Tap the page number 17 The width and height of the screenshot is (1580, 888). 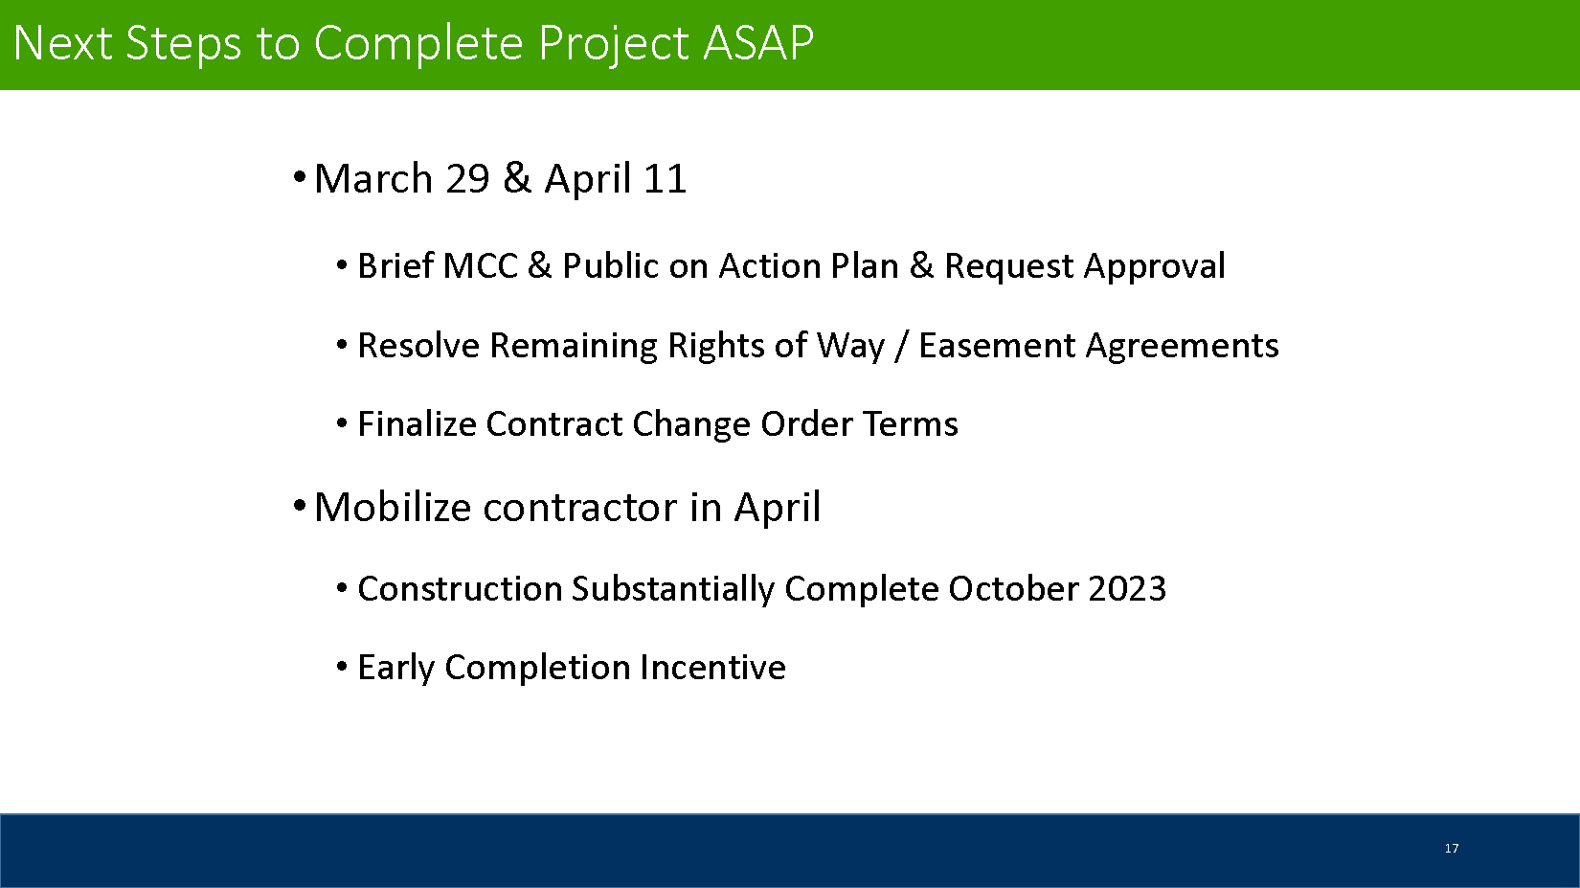click(x=1451, y=848)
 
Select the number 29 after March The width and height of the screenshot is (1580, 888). click(x=467, y=178)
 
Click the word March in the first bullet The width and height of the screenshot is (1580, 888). click(x=373, y=178)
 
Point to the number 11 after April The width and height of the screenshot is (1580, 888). click(x=665, y=178)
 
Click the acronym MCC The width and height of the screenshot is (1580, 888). click(x=481, y=266)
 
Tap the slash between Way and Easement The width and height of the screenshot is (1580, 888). click(x=901, y=347)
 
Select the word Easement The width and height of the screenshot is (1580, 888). click(x=997, y=346)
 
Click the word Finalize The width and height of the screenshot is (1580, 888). click(x=417, y=424)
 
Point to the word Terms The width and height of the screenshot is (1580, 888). click(x=911, y=425)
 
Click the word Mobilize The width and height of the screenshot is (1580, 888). click(x=393, y=507)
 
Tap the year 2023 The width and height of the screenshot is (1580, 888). click(x=1127, y=589)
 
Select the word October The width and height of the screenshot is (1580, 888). click(x=1013, y=589)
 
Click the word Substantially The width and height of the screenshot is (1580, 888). click(x=672, y=590)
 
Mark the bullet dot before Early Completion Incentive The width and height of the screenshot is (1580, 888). click(x=342, y=666)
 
